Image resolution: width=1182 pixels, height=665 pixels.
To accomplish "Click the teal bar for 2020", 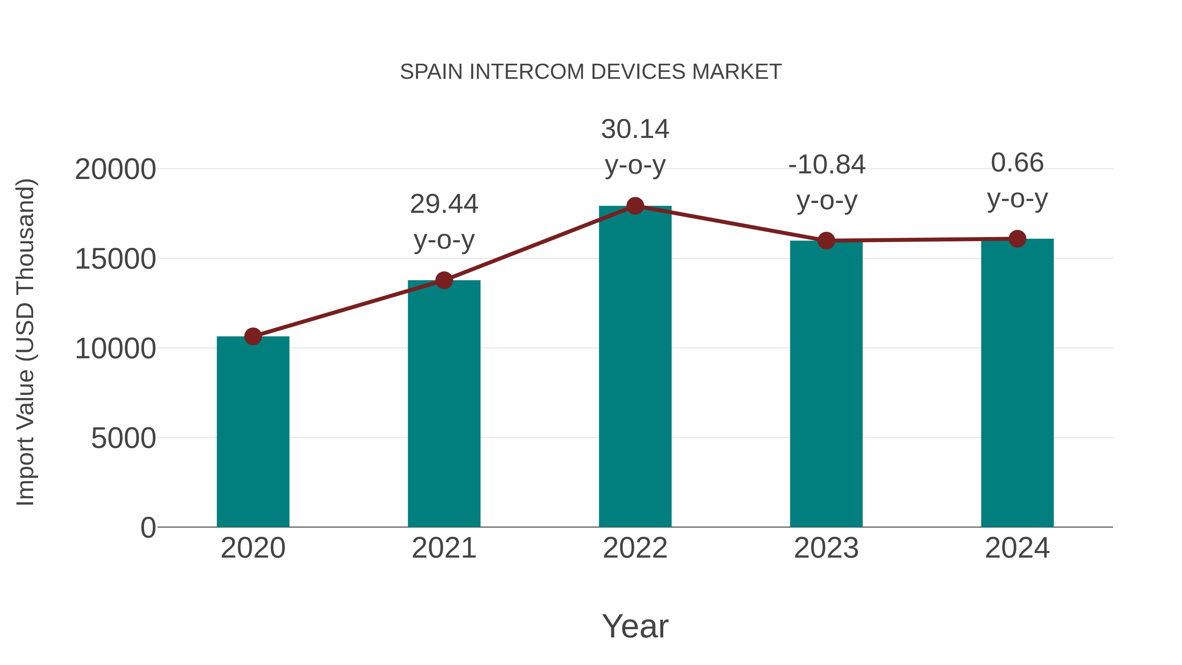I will pyautogui.click(x=253, y=432).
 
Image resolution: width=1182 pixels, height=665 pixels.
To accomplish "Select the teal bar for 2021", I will pyautogui.click(x=444, y=404).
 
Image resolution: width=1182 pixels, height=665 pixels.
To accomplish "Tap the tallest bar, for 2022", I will pyautogui.click(x=635, y=367).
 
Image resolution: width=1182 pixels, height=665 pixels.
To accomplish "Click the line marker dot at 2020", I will pyautogui.click(x=253, y=336).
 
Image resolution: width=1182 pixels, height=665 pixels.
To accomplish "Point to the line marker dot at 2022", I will pyautogui.click(x=635, y=206).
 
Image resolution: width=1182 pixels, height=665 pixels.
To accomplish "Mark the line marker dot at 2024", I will pyautogui.click(x=1017, y=239).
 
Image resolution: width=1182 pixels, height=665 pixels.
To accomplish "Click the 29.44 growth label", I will pyautogui.click(x=444, y=204).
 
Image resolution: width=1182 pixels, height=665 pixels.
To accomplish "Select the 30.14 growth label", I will pyautogui.click(x=635, y=129).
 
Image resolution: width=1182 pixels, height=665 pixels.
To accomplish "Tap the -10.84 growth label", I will pyautogui.click(x=826, y=165).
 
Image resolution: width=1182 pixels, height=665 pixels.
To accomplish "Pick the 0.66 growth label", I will pyautogui.click(x=1017, y=163).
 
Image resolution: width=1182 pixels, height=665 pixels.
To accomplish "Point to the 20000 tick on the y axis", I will pyautogui.click(x=115, y=169).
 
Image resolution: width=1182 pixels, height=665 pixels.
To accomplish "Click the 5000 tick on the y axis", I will pyautogui.click(x=123, y=438).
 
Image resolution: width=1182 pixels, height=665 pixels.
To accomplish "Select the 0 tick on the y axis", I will pyautogui.click(x=148, y=527).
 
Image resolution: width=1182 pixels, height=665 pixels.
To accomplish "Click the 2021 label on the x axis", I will pyautogui.click(x=444, y=548).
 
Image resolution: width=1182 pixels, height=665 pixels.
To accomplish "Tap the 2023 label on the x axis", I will pyautogui.click(x=826, y=548).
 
